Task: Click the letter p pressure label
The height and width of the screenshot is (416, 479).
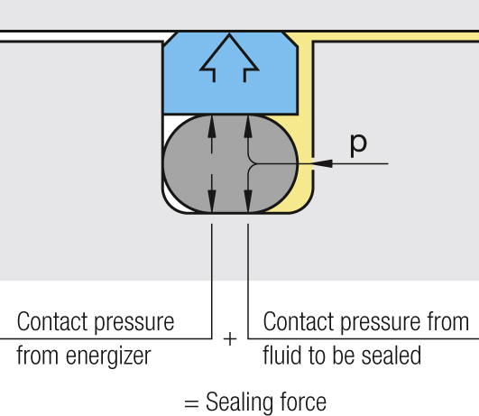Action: tap(358, 146)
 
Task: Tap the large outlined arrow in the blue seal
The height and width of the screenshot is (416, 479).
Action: tap(229, 59)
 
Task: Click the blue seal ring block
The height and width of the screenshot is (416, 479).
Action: tap(231, 73)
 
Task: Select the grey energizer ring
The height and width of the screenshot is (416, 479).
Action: tap(231, 163)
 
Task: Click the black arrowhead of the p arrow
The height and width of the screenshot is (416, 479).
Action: tap(322, 163)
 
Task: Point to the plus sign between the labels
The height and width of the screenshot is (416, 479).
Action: tap(230, 339)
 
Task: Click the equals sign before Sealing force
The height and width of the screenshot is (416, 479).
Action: tap(191, 403)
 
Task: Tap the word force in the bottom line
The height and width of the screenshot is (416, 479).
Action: tap(303, 402)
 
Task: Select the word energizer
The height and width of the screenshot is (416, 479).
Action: tap(108, 356)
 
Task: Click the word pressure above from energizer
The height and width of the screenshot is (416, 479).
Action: tap(134, 323)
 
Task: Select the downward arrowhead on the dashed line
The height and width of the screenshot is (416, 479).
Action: tap(212, 201)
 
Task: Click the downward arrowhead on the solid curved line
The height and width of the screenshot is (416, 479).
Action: tap(248, 201)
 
